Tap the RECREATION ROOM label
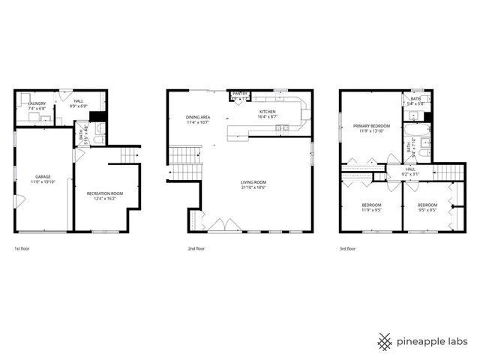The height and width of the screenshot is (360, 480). click(x=105, y=193)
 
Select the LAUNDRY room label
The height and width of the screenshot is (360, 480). click(x=36, y=103)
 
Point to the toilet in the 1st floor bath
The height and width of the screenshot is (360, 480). click(x=100, y=136)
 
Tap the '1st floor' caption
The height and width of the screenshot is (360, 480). click(x=22, y=248)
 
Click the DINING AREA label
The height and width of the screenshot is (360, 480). click(x=198, y=117)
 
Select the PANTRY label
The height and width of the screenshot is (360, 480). click(x=240, y=94)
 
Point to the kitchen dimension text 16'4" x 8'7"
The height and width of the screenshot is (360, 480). click(x=268, y=117)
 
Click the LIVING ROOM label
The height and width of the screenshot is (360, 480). click(x=254, y=182)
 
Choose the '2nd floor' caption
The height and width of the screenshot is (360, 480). click(x=196, y=248)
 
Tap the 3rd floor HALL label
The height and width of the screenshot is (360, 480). click(x=410, y=169)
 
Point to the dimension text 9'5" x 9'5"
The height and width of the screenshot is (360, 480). click(x=427, y=210)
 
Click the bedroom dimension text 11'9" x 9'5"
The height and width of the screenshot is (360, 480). click(x=371, y=210)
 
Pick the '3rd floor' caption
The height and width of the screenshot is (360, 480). click(x=347, y=248)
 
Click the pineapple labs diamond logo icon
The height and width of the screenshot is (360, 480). click(x=385, y=340)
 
